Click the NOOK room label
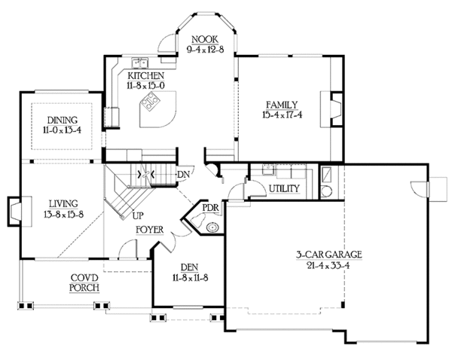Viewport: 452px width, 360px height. tap(205, 39)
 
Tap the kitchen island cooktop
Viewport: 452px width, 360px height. tap(150, 102)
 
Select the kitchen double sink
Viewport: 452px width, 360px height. tap(140, 63)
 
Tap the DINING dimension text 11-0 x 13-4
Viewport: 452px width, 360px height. tap(62, 130)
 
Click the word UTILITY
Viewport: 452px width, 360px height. tap(284, 188)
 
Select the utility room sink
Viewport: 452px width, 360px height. tap(269, 169)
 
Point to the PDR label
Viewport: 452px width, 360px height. tap(210, 208)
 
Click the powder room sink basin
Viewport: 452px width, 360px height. tap(212, 227)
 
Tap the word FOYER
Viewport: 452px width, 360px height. tap(150, 230)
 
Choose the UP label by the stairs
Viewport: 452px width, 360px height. tap(138, 215)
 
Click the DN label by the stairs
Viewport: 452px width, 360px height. tap(183, 175)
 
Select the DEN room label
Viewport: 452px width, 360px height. tap(189, 267)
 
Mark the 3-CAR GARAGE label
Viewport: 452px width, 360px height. tap(329, 255)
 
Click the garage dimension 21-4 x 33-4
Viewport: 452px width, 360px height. tap(328, 265)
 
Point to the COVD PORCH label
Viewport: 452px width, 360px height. tap(84, 282)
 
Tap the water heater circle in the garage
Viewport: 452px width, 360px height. tap(327, 191)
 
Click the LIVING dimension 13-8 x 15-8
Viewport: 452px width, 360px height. tap(63, 215)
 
